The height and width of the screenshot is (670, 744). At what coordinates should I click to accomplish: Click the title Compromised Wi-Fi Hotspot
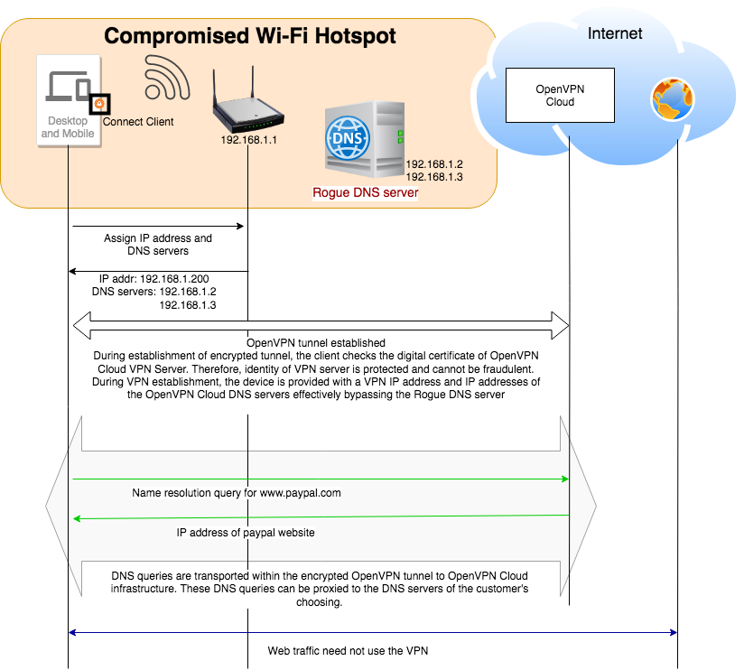[x=250, y=36]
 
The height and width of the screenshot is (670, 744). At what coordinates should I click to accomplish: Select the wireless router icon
[x=247, y=103]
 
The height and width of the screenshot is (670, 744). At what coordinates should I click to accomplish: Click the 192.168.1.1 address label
[x=248, y=140]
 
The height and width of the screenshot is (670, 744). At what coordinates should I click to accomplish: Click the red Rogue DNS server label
[x=365, y=192]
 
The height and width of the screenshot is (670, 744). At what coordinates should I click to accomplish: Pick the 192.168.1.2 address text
[x=434, y=164]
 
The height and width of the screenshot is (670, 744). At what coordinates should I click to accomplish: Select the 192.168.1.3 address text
[x=434, y=177]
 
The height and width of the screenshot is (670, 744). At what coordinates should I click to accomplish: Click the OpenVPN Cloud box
[x=560, y=95]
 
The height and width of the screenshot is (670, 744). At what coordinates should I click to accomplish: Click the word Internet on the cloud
[x=615, y=33]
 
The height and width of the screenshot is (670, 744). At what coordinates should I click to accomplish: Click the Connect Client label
[x=138, y=122]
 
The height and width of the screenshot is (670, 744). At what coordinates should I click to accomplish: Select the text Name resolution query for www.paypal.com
[x=237, y=493]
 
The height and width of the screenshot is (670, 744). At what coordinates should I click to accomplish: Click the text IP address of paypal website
[x=246, y=533]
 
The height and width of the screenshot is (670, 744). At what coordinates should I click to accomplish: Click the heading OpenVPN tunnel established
[x=316, y=343]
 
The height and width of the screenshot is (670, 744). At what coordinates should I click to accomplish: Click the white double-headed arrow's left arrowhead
[x=83, y=323]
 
